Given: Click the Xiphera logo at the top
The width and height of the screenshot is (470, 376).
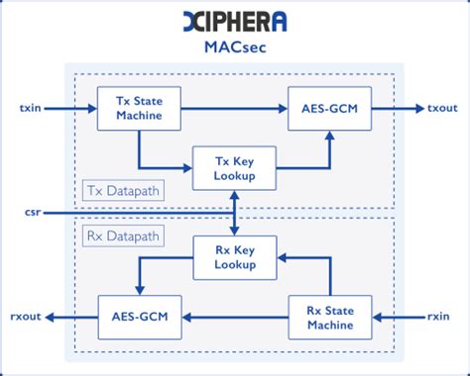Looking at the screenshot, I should [234, 20].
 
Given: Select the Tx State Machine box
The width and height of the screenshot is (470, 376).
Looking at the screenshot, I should [138, 107].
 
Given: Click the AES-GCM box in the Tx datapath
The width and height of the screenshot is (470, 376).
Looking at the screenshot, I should [329, 107].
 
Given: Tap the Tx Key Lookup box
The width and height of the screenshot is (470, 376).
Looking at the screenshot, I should [234, 166].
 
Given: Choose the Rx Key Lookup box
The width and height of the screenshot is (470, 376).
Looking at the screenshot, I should [234, 256].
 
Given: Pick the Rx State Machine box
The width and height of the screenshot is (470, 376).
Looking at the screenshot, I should [329, 317].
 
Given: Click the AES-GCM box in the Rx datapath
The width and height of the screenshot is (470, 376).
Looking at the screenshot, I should [139, 317].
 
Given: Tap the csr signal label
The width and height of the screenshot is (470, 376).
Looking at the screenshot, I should [33, 212].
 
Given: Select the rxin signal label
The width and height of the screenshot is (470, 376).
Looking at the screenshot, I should [436, 317].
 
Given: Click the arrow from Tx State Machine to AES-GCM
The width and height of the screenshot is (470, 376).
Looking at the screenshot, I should [233, 107].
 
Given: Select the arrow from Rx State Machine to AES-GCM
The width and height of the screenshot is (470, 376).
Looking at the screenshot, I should [234, 317].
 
